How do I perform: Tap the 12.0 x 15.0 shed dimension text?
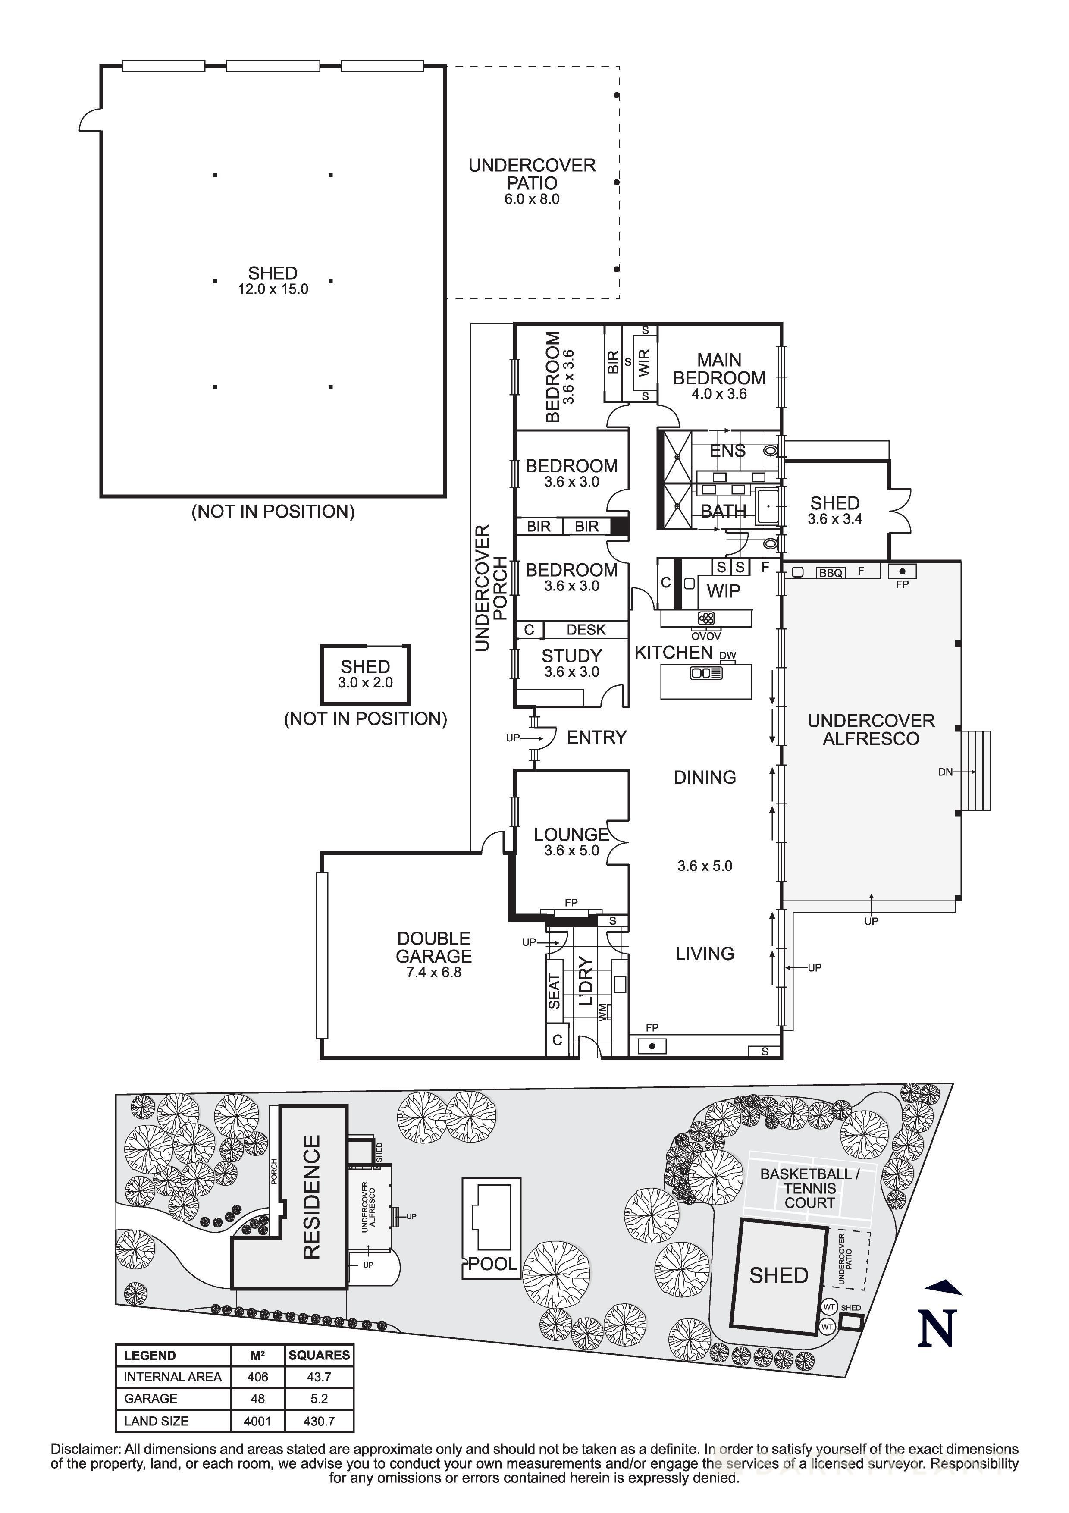273,289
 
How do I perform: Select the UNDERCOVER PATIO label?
532,174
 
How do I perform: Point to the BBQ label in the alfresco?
831,573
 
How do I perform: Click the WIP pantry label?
723,591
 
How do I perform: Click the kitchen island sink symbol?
705,673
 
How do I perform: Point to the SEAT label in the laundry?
555,990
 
